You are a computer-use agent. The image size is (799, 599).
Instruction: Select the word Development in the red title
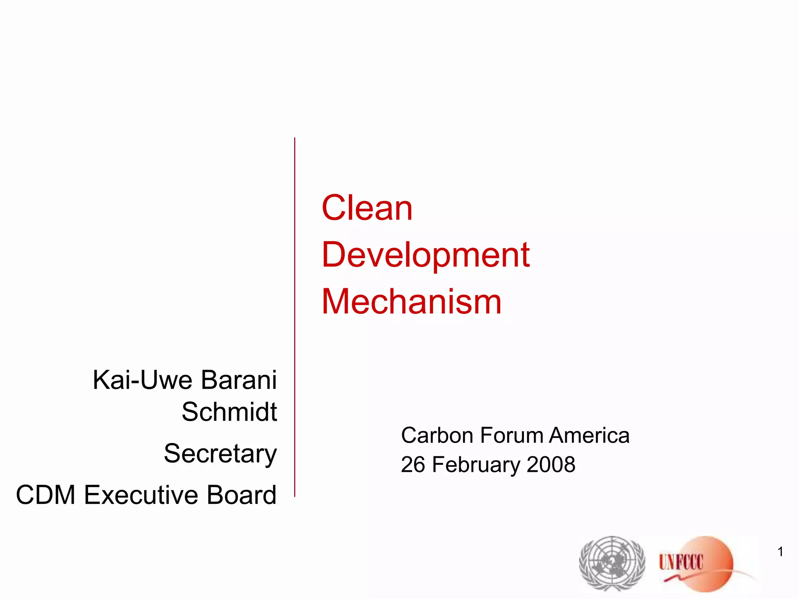pos(426,255)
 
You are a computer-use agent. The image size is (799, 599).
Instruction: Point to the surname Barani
pos(239,380)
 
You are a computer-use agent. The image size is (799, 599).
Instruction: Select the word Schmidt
pos(229,412)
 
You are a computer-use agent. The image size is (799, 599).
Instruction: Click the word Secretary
pos(220,454)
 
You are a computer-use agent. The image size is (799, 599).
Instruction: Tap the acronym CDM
pos(46,495)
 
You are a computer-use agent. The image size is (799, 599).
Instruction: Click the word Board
pos(241,495)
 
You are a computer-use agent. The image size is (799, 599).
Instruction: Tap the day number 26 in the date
pos(413,464)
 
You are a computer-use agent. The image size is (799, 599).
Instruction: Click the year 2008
pos(551,464)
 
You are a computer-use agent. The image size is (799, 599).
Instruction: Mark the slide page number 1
pos(780,552)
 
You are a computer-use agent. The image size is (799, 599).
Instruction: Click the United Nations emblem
pos(612,563)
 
